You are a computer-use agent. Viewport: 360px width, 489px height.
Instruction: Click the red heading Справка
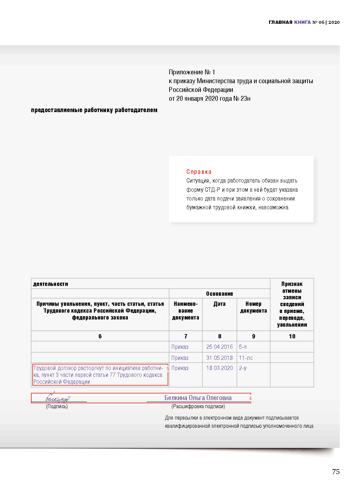[x=199, y=172]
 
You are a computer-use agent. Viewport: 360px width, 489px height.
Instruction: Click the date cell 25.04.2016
[x=219, y=347]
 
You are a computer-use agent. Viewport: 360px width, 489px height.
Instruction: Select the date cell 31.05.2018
[x=219, y=358]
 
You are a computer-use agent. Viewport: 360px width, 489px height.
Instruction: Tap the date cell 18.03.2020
[x=219, y=368]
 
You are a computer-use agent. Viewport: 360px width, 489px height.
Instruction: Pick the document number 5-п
[x=243, y=347]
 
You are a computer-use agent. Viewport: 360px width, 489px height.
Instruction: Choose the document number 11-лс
[x=246, y=358]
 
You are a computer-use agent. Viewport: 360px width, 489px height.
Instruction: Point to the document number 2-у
[x=243, y=368]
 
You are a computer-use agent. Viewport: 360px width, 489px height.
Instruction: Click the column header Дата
[x=219, y=304]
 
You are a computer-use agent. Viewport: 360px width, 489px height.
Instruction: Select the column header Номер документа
[x=253, y=307]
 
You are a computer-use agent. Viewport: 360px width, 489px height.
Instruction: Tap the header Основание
[x=219, y=294]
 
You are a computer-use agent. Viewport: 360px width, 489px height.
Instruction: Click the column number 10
[x=292, y=336]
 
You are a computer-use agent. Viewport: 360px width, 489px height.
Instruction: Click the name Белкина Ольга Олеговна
[x=198, y=398]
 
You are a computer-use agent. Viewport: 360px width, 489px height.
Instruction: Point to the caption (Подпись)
[x=57, y=407]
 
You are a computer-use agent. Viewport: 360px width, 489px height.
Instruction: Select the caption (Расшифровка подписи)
[x=198, y=407]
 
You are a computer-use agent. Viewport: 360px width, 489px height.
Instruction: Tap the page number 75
[x=336, y=472]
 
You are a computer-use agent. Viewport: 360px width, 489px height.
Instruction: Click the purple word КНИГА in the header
[x=302, y=22]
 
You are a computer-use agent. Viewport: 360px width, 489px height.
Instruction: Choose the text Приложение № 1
[x=192, y=72]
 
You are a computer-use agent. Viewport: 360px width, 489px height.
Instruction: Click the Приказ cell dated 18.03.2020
[x=180, y=368]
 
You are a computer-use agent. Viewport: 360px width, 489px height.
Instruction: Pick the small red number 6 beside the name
[x=250, y=398]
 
